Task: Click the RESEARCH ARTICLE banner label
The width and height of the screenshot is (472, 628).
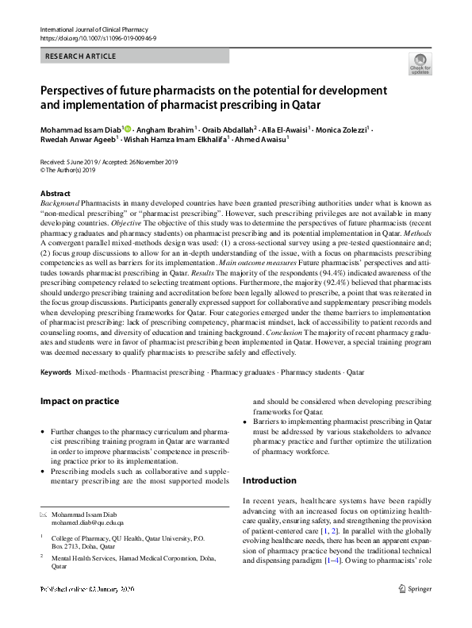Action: [81, 56]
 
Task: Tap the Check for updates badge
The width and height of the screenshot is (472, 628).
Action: [420, 64]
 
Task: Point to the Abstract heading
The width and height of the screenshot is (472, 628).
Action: [55, 194]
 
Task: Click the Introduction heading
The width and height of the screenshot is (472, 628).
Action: [269, 480]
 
